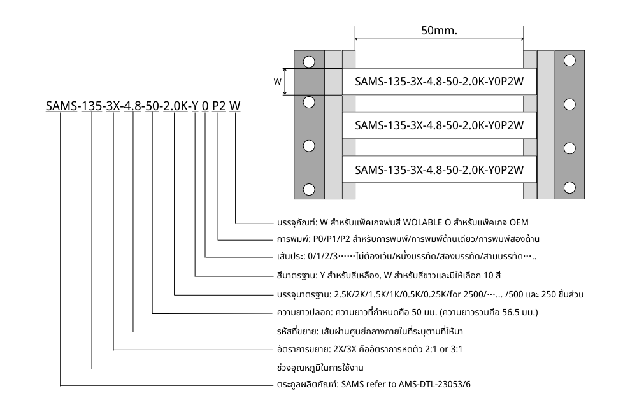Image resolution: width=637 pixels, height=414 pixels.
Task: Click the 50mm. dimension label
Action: tap(440, 30)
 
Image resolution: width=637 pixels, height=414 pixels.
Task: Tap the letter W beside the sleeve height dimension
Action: tap(277, 82)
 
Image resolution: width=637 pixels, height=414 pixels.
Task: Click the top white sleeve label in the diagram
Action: tap(439, 82)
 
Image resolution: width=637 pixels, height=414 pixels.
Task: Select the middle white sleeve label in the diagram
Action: tap(439, 125)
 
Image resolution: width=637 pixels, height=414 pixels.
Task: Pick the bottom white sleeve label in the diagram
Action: tap(439, 169)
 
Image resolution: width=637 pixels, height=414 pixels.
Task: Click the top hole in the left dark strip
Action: tap(309, 62)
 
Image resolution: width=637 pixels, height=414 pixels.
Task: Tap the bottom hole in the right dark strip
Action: tap(569, 189)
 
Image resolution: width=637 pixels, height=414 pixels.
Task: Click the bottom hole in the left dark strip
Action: tap(309, 189)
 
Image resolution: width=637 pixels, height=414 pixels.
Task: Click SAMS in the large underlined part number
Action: tap(61, 106)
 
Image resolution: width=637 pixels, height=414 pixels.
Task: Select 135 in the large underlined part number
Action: tap(92, 106)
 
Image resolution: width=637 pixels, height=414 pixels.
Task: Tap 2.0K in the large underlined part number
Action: tap(174, 106)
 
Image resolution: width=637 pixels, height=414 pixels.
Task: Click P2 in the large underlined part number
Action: tap(218, 106)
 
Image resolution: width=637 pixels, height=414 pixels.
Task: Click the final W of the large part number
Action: tap(235, 106)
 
